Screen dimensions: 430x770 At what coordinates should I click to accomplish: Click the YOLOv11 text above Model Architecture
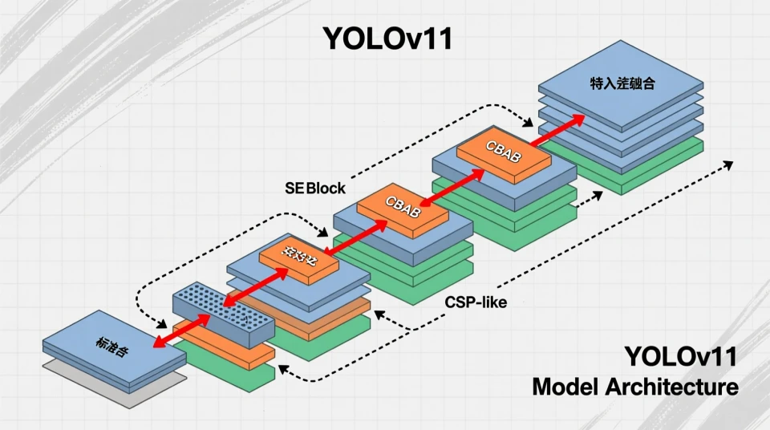coord(680,355)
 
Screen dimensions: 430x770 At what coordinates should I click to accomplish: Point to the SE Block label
coord(315,189)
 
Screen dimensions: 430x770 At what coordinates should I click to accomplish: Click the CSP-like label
coord(476,303)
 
